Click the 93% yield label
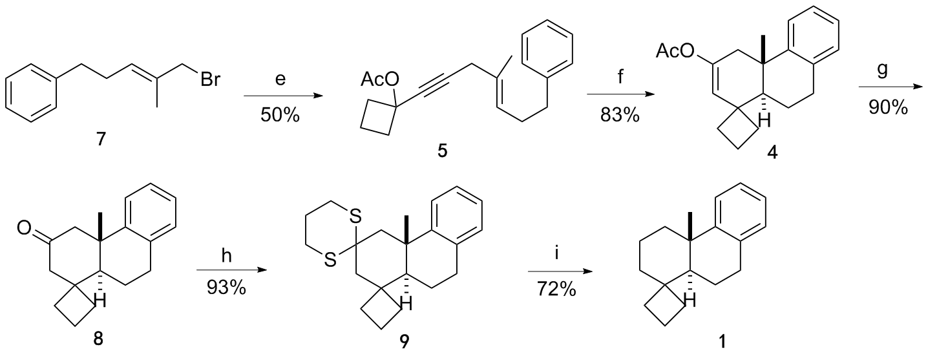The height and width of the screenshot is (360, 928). click(227, 288)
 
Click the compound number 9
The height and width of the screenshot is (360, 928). click(404, 341)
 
